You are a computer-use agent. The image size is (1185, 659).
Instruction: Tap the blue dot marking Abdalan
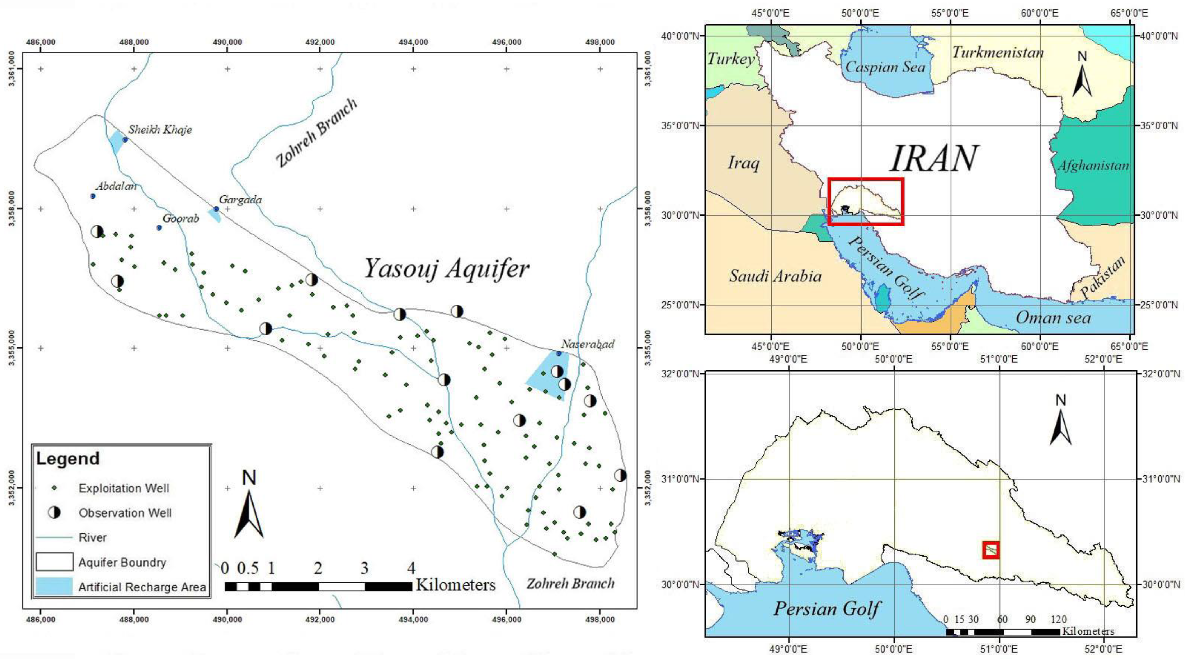click(92, 196)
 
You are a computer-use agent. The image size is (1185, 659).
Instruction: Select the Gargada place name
click(240, 200)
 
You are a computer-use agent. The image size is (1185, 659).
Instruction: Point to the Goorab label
click(181, 218)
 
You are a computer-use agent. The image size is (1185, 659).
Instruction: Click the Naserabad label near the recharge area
click(587, 344)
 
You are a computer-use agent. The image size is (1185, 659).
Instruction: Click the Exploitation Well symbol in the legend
click(54, 488)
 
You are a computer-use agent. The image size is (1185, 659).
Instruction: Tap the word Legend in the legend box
click(68, 459)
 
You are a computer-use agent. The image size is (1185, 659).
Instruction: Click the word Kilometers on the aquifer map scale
click(455, 585)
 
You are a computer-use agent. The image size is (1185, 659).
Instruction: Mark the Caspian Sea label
click(885, 67)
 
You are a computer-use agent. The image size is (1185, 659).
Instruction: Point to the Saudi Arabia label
click(775, 276)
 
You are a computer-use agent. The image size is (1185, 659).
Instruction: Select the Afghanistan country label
click(1093, 165)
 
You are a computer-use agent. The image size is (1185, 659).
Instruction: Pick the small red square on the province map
click(990, 550)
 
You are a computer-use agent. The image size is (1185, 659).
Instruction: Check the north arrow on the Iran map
click(1083, 76)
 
